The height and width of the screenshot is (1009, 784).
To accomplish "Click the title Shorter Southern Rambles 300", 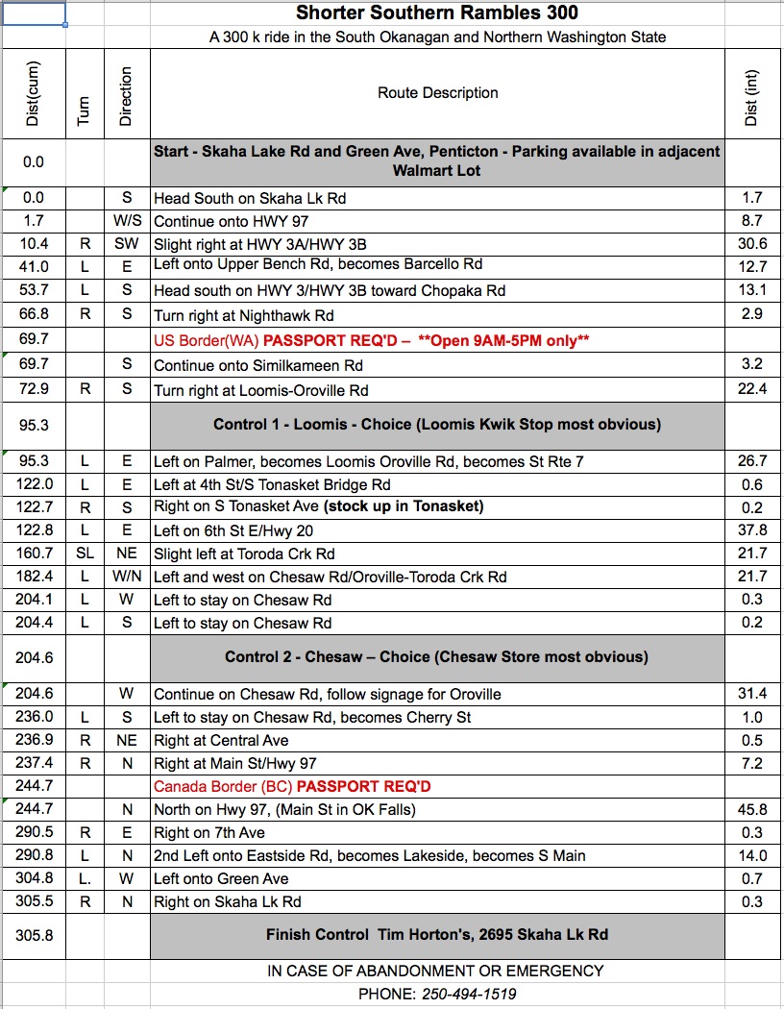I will [437, 13].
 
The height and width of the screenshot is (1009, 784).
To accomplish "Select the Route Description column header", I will [437, 93].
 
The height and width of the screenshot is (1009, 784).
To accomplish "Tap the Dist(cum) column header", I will [33, 93].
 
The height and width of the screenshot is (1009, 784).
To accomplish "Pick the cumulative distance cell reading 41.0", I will [33, 267].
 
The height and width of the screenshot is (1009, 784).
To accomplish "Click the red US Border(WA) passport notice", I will [371, 340].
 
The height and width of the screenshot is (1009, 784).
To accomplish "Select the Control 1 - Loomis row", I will [437, 424].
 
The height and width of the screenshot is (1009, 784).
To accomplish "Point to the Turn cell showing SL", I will [85, 554].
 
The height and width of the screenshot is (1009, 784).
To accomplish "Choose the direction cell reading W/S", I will [127, 221].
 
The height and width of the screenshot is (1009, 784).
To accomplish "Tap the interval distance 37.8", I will [751, 530].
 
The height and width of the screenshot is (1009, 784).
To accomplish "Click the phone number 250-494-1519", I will [469, 994].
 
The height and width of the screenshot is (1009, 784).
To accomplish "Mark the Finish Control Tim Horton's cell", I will [437, 934].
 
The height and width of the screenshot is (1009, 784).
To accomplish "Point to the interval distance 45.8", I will [751, 809].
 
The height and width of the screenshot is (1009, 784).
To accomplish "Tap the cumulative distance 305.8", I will [33, 934].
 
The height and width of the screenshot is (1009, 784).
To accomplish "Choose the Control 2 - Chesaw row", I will [437, 657].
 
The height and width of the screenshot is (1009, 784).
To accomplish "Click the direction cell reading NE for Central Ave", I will [127, 740].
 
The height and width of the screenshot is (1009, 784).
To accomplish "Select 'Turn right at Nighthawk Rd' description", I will [244, 313].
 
